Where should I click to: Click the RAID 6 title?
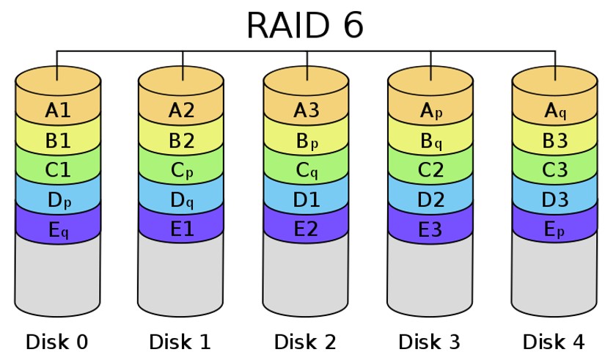304,26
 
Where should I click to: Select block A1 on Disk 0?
58,110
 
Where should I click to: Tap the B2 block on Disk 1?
181,140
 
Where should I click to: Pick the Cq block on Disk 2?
306,170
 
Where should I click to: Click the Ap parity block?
430,110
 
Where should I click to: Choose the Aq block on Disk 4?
554,110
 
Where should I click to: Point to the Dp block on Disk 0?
58,200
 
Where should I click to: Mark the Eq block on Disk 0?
58,229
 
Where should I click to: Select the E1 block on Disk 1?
181,229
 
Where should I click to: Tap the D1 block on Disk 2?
306,200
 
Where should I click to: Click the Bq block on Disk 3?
430,140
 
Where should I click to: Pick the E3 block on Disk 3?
430,229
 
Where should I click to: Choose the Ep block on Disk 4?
554,229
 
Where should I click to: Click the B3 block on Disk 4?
554,140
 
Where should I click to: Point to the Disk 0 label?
57,342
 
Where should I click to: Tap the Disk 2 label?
305,342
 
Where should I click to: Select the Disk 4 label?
554,342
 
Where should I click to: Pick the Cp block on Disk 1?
181,170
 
